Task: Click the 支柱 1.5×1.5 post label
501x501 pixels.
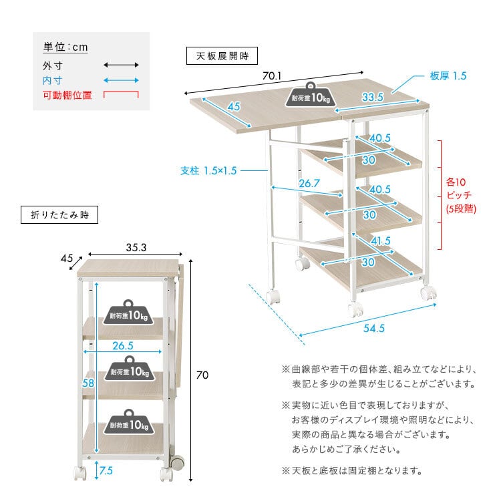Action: pos(208,170)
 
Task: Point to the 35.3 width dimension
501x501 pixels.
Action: pos(136,246)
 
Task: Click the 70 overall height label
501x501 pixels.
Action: pos(202,375)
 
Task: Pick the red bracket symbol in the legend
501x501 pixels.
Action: pos(121,95)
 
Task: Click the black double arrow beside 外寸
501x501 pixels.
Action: pos(121,65)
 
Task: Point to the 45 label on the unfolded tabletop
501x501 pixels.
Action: pos(234,107)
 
